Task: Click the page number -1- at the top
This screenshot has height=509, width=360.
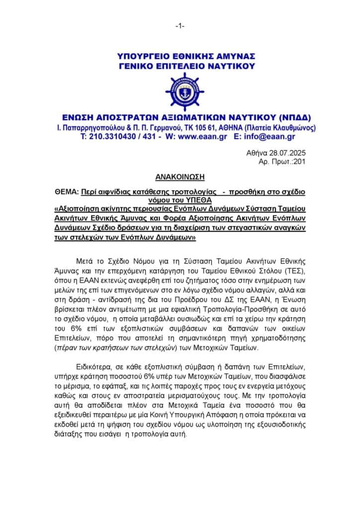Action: tap(180, 25)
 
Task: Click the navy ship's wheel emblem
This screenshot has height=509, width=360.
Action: tap(184, 91)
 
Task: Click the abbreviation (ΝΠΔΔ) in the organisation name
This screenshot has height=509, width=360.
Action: tap(292, 118)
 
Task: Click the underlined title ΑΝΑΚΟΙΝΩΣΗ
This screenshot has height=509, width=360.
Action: tap(180, 176)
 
